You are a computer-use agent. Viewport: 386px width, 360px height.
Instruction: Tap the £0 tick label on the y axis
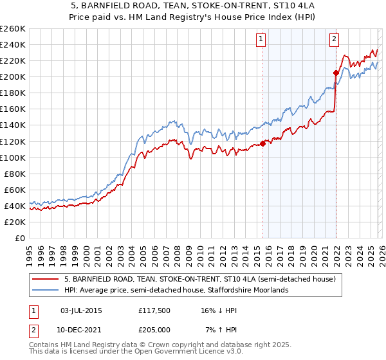19,238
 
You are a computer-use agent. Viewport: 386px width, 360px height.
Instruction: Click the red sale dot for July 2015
262,143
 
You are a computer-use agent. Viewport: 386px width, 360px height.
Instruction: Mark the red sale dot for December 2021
336,73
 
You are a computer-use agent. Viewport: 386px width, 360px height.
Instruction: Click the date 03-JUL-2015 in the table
80,310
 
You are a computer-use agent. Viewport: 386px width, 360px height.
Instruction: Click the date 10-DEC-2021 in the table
80,330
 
